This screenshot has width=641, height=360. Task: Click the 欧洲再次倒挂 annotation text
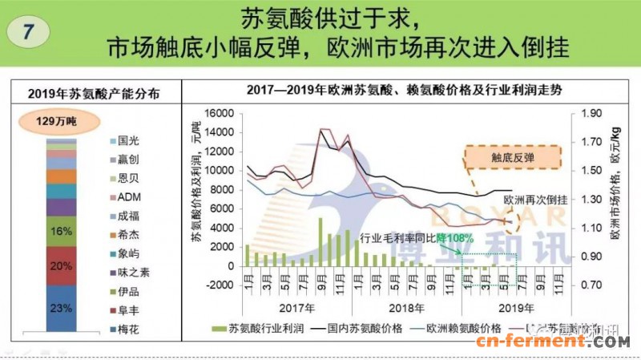(x=535, y=199)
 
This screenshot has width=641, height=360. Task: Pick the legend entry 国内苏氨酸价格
(x=355, y=328)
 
